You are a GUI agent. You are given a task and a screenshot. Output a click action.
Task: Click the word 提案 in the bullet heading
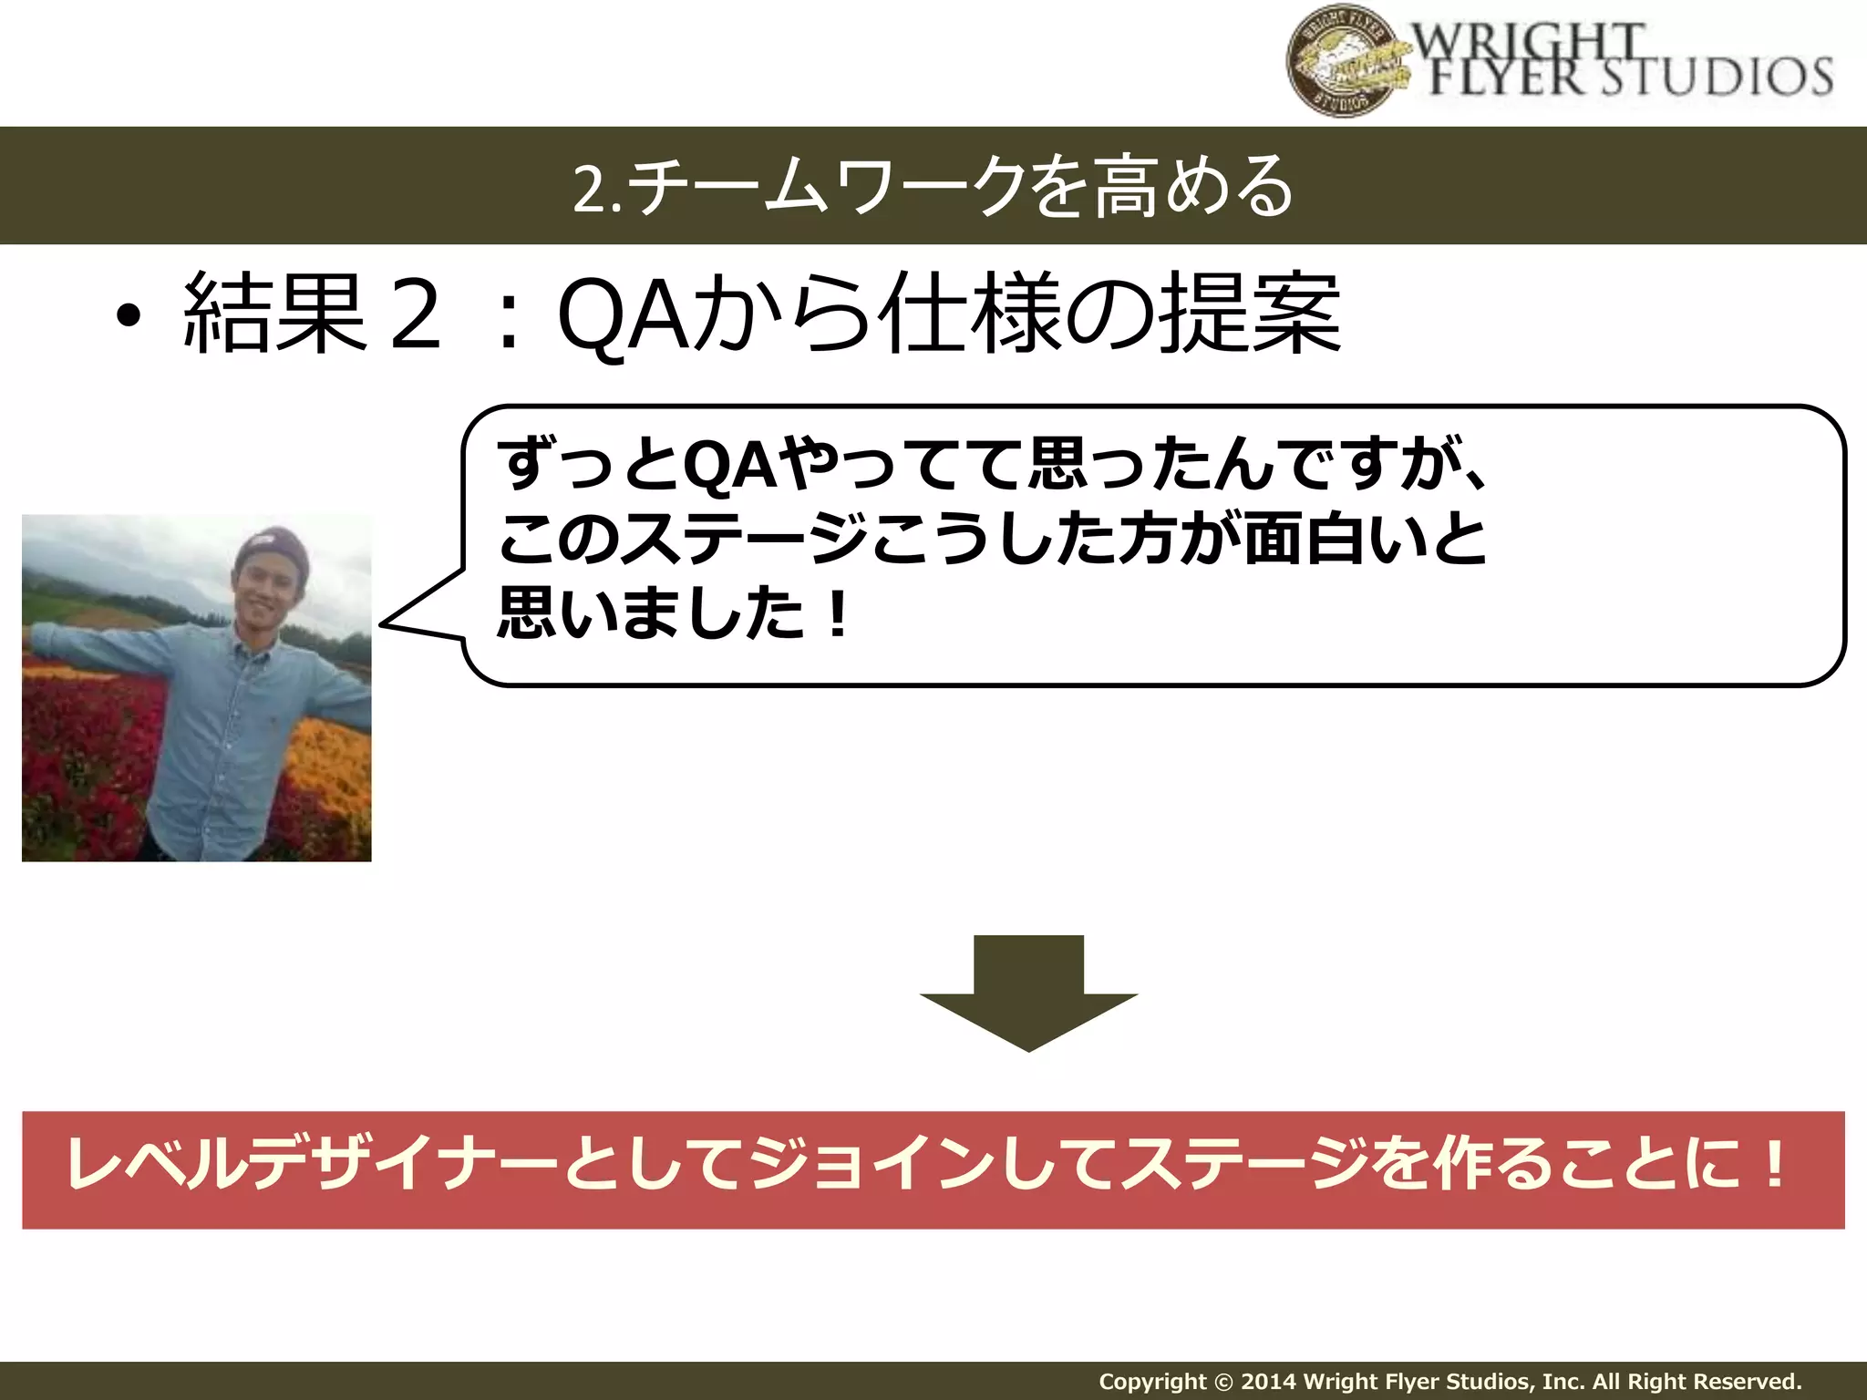[1250, 315]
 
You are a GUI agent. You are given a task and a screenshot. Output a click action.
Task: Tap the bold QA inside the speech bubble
[730, 466]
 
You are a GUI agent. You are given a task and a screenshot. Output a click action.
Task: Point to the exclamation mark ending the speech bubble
[836, 614]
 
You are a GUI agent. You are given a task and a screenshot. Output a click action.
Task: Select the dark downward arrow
[1028, 993]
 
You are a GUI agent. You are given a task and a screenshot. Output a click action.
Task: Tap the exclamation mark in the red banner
[1772, 1166]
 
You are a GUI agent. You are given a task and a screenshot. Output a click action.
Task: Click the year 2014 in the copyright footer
[1270, 1382]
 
